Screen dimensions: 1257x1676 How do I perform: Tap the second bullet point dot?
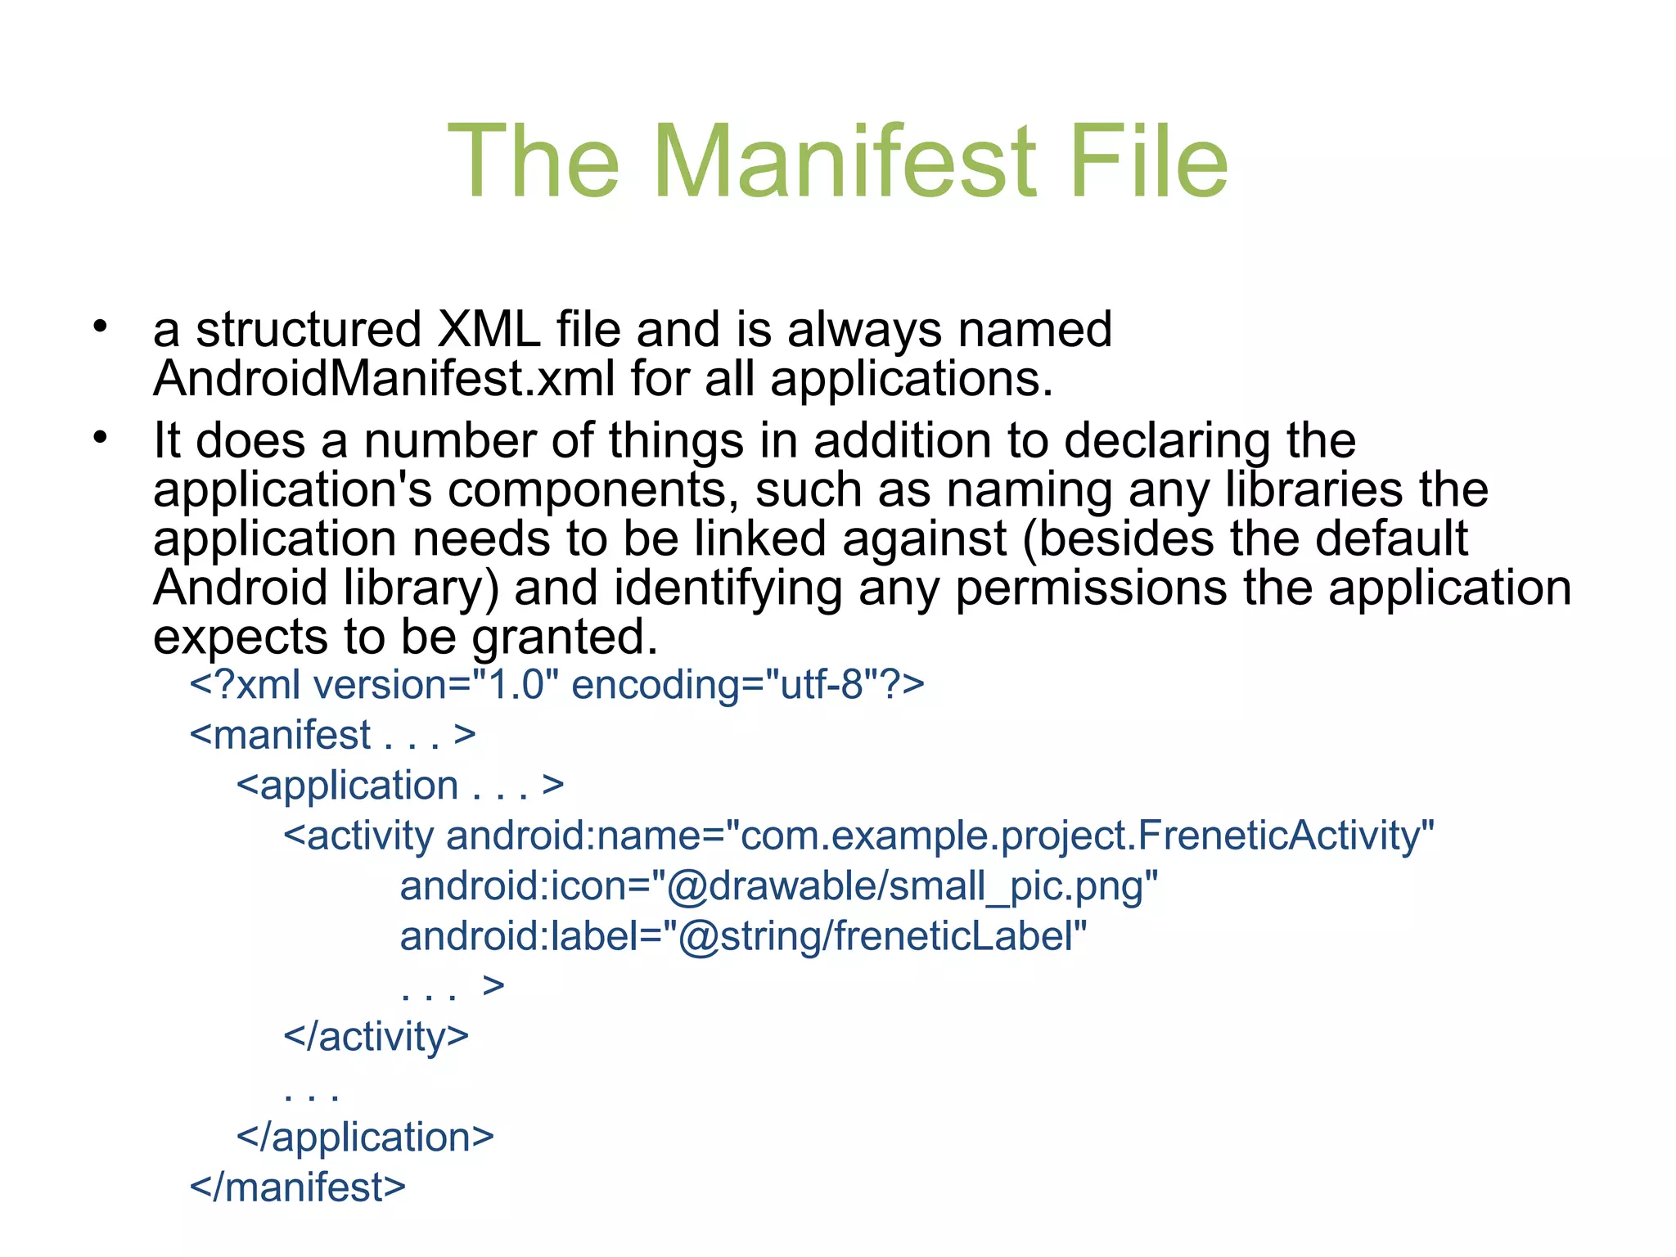pos(100,439)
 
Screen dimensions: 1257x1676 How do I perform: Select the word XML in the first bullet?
pos(489,329)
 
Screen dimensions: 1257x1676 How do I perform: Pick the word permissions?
pos(1091,588)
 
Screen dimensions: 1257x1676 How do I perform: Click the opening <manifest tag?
pos(281,735)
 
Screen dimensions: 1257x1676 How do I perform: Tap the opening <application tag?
pos(348,786)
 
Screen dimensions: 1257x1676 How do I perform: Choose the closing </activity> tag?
pos(376,1037)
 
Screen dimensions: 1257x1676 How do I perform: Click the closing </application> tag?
pos(365,1138)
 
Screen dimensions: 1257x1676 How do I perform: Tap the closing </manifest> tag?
pos(298,1187)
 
